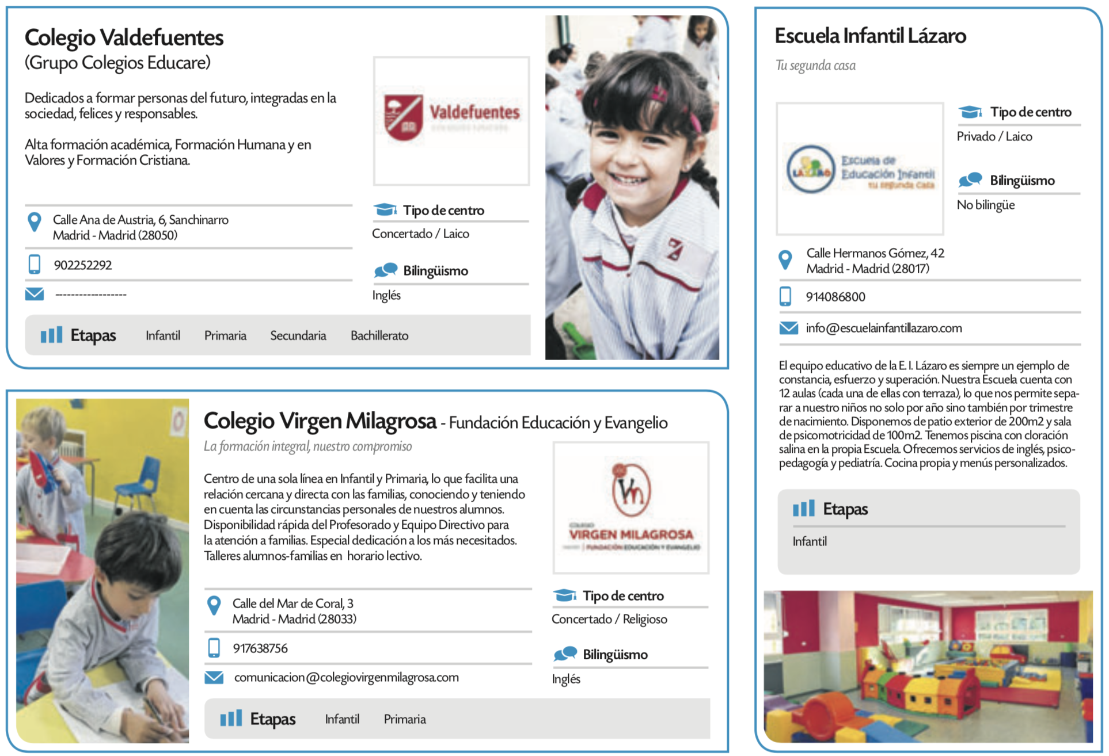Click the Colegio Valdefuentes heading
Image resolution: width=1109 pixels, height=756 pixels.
[x=124, y=38]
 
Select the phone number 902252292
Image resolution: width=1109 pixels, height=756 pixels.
[x=83, y=265]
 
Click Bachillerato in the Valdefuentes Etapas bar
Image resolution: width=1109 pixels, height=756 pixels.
[x=379, y=335]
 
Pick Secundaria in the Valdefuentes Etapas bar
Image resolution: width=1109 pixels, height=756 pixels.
[x=298, y=335]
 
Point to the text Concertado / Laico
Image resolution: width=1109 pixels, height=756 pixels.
[x=420, y=234]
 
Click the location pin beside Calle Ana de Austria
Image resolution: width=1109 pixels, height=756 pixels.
[x=35, y=222]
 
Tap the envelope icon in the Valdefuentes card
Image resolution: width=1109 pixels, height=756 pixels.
[x=35, y=294]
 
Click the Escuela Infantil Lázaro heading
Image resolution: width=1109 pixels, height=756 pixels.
[x=870, y=36]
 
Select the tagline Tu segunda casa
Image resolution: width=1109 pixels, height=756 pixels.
[x=815, y=66]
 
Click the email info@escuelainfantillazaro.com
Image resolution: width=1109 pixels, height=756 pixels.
[x=883, y=328]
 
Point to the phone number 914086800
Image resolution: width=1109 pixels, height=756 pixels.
[x=835, y=297]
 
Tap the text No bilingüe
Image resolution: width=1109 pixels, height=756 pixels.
[x=985, y=205]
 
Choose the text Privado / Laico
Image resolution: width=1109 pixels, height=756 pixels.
[x=994, y=136]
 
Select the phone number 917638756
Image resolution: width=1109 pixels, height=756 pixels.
[x=260, y=648]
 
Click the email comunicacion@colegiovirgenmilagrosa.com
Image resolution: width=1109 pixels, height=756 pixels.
[x=346, y=677]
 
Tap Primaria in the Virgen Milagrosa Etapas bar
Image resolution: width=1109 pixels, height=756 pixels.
[x=405, y=719]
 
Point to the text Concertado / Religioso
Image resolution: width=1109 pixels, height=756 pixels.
[x=609, y=619]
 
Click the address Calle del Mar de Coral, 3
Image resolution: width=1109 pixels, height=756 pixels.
[x=293, y=604]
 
